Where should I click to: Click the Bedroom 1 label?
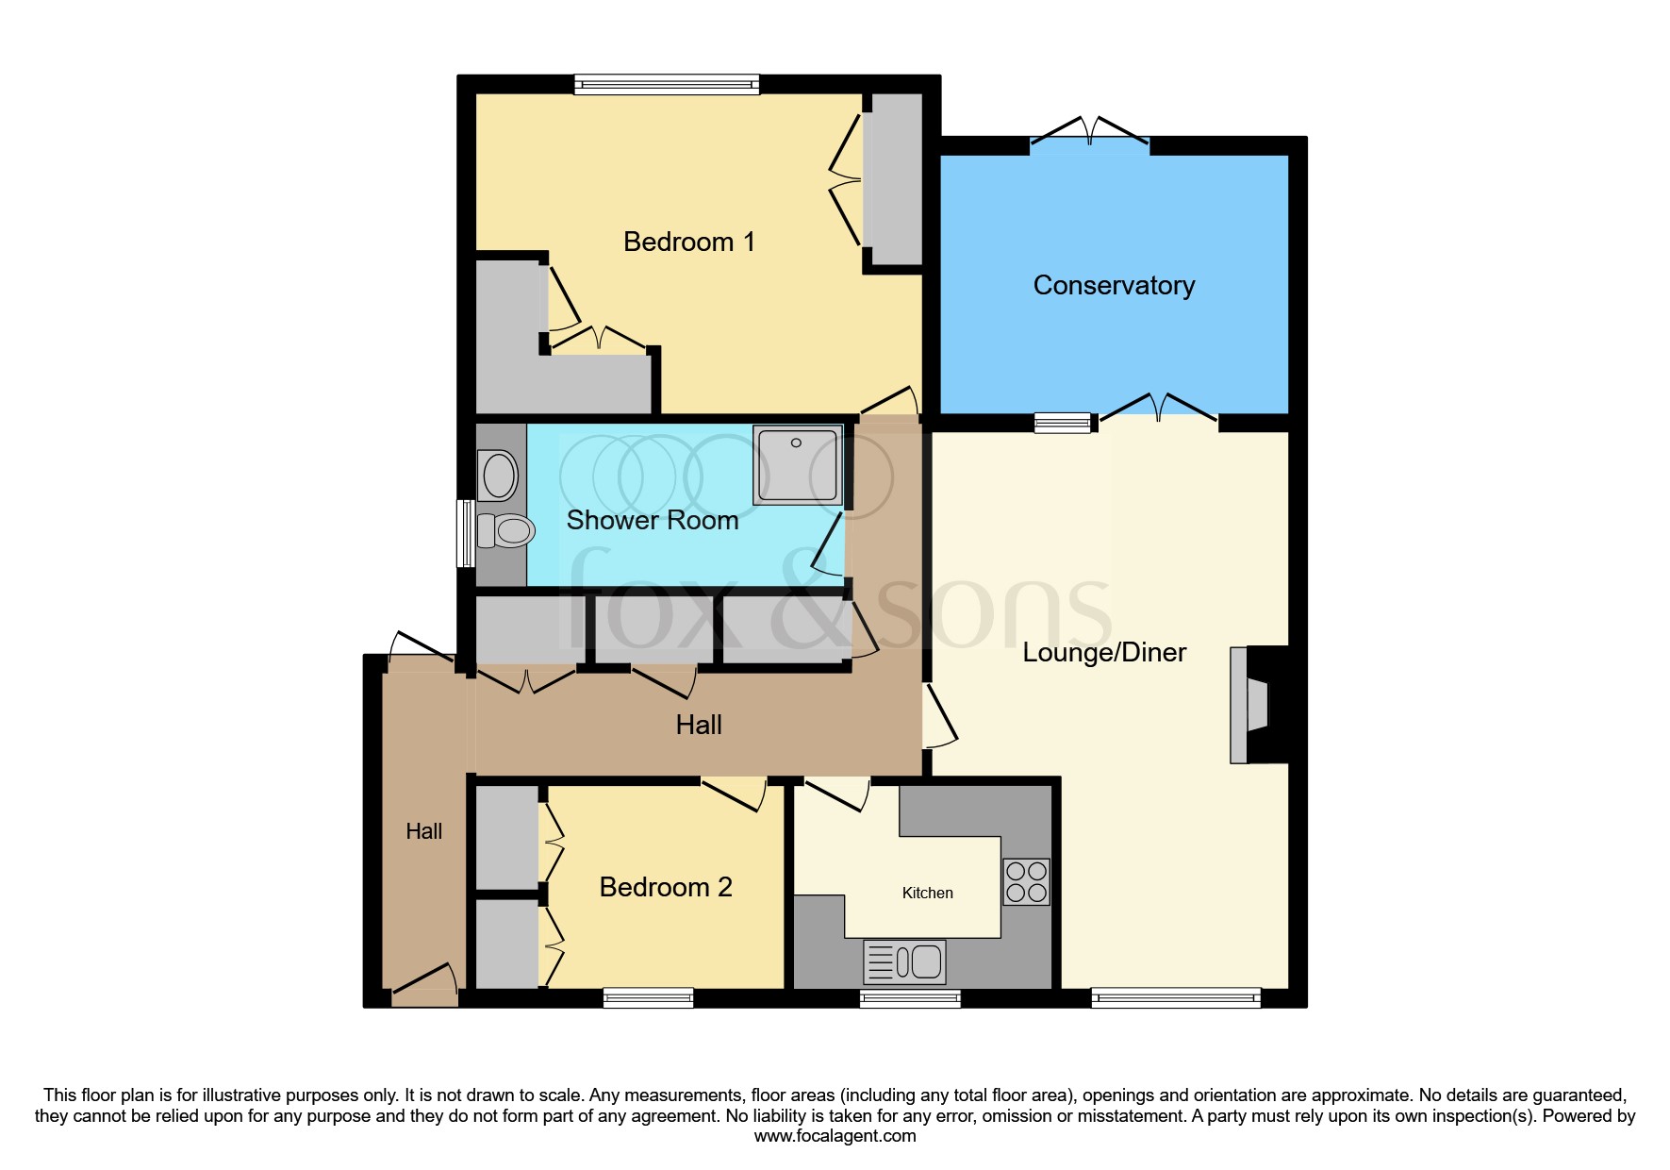[689, 242]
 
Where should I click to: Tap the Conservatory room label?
[1114, 285]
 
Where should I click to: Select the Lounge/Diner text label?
[1104, 653]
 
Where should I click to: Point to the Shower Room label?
[652, 520]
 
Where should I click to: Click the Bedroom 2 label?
[666, 887]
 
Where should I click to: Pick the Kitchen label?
[927, 893]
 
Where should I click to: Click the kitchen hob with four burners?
[1026, 882]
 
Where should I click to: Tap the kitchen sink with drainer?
[904, 962]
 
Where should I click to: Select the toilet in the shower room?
[507, 531]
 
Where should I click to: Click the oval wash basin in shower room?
[499, 475]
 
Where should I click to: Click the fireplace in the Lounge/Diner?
[1255, 704]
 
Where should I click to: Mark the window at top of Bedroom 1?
[667, 85]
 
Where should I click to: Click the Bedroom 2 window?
[648, 997]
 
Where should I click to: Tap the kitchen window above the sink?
[910, 998]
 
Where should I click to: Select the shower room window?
[465, 533]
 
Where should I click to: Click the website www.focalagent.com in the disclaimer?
[835, 1136]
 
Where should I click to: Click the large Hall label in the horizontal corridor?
[699, 725]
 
